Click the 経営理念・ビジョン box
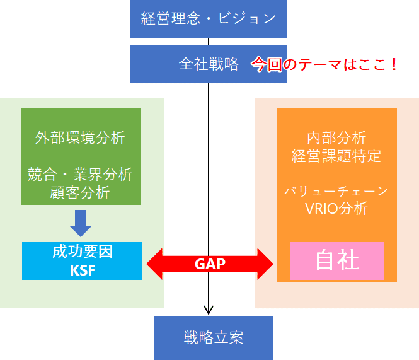pyautogui.click(x=209, y=18)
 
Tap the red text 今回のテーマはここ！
pyautogui.click(x=325, y=64)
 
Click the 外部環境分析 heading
pyautogui.click(x=80, y=137)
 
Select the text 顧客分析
pyautogui.click(x=80, y=192)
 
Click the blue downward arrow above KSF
pyautogui.click(x=80, y=222)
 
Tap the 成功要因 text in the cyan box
pyautogui.click(x=82, y=252)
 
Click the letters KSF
pyautogui.click(x=82, y=270)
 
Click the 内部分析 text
pyautogui.click(x=336, y=137)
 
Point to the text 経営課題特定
pyautogui.click(x=336, y=156)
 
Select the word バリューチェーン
pyautogui.click(x=336, y=191)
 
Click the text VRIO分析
pyautogui.click(x=336, y=209)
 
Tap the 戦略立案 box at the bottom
pyautogui.click(x=214, y=338)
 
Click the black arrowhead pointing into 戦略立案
pyautogui.click(x=209, y=310)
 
